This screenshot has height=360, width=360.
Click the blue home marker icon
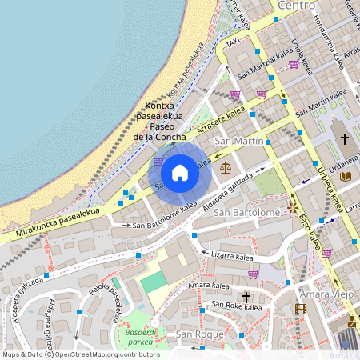(180, 172)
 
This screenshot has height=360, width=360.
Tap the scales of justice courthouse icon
(225, 168)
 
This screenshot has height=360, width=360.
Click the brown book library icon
(345, 175)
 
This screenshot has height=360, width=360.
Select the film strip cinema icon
(300, 309)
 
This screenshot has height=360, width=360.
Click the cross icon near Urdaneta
(345, 139)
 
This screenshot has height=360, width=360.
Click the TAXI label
(233, 42)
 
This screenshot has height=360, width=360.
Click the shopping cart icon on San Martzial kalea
(294, 64)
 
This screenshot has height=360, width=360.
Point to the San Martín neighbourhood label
(238, 141)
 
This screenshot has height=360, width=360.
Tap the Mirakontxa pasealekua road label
(56, 224)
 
